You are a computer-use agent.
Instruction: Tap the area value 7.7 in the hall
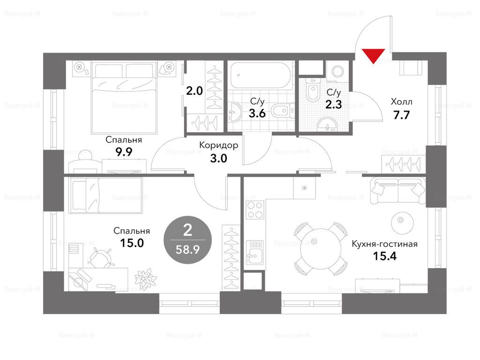click(401, 115)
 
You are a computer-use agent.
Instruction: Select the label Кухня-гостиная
click(384, 244)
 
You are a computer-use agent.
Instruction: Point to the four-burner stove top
click(255, 210)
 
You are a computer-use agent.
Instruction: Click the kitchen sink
click(255, 252)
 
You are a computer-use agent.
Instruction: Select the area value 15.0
click(132, 243)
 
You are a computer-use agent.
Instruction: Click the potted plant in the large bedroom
click(145, 278)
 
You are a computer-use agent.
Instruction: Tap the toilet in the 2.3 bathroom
click(313, 89)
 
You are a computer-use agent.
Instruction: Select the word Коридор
click(218, 145)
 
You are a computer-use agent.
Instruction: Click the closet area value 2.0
click(195, 91)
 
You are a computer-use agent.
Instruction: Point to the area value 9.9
click(124, 152)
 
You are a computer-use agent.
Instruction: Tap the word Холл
click(401, 102)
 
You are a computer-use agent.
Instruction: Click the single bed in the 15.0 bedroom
click(105, 195)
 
